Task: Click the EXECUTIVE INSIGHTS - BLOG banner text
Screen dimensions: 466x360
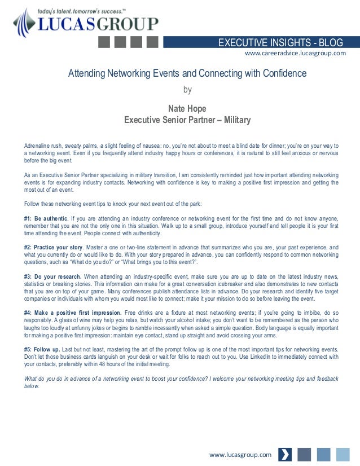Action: click(x=280, y=42)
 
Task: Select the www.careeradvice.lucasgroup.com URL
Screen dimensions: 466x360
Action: click(x=295, y=54)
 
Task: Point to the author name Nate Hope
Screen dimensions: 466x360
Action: click(x=187, y=108)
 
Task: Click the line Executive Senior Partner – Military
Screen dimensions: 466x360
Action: click(x=187, y=120)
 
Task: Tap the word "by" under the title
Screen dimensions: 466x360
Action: click(x=188, y=89)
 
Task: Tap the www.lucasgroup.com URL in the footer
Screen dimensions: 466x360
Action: click(x=240, y=454)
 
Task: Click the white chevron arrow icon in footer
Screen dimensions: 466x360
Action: click(x=286, y=455)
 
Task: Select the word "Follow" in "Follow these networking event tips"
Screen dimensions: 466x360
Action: click(x=33, y=204)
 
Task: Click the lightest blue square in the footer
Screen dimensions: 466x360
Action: click(x=343, y=455)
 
